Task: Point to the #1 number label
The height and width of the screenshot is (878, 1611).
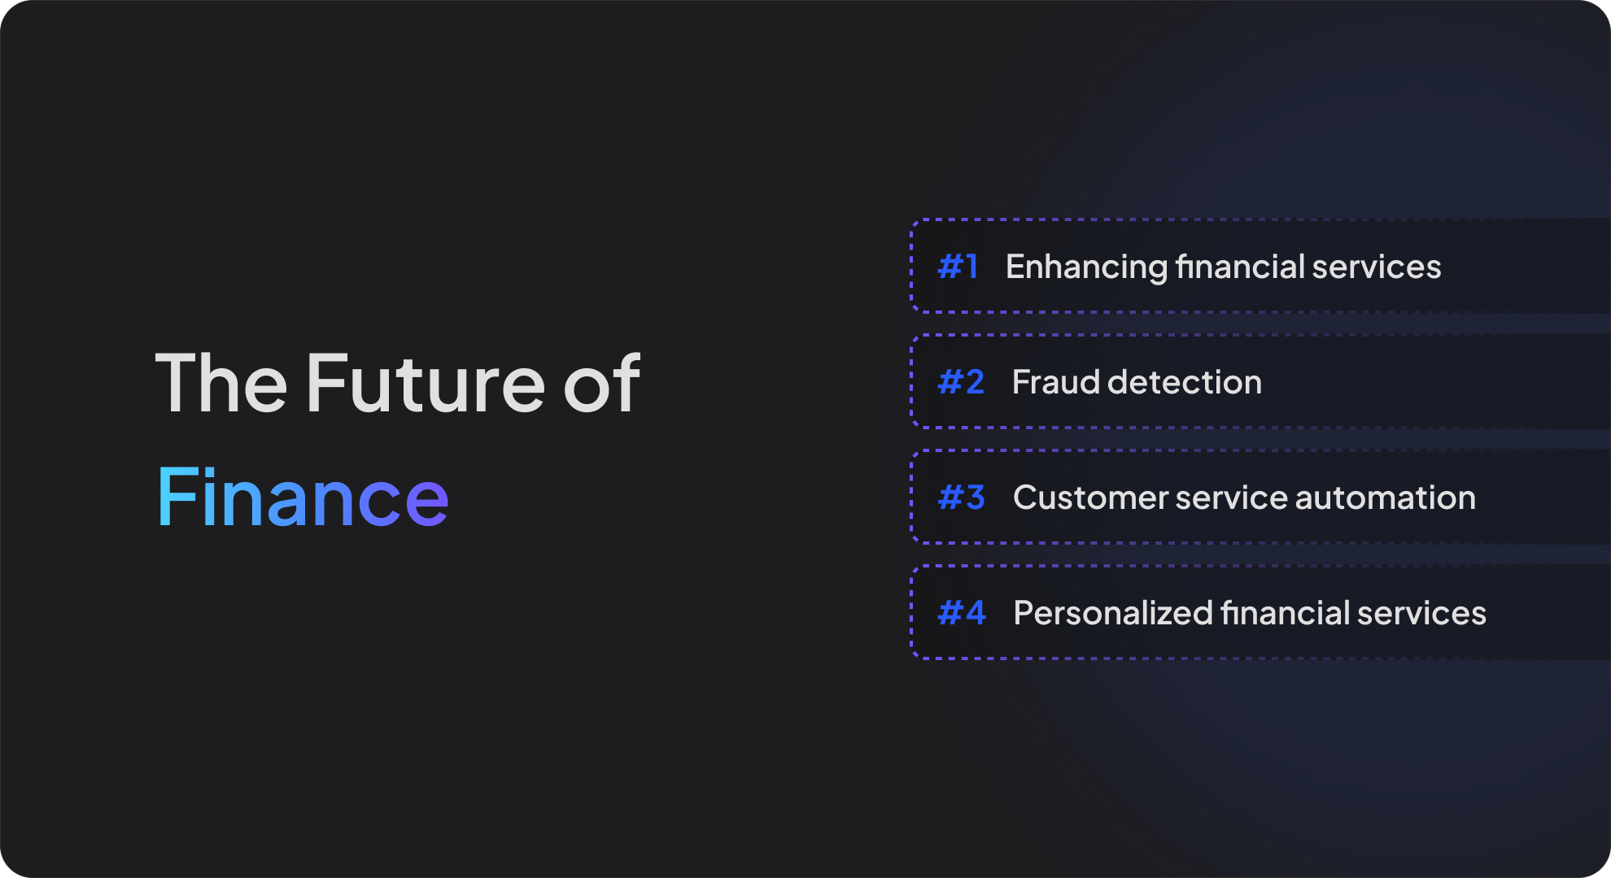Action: (x=958, y=267)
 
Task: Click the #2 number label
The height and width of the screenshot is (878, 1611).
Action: (x=961, y=382)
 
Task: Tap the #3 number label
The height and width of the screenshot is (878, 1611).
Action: (x=961, y=498)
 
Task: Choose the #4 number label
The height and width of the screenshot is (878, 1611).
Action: (x=962, y=613)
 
